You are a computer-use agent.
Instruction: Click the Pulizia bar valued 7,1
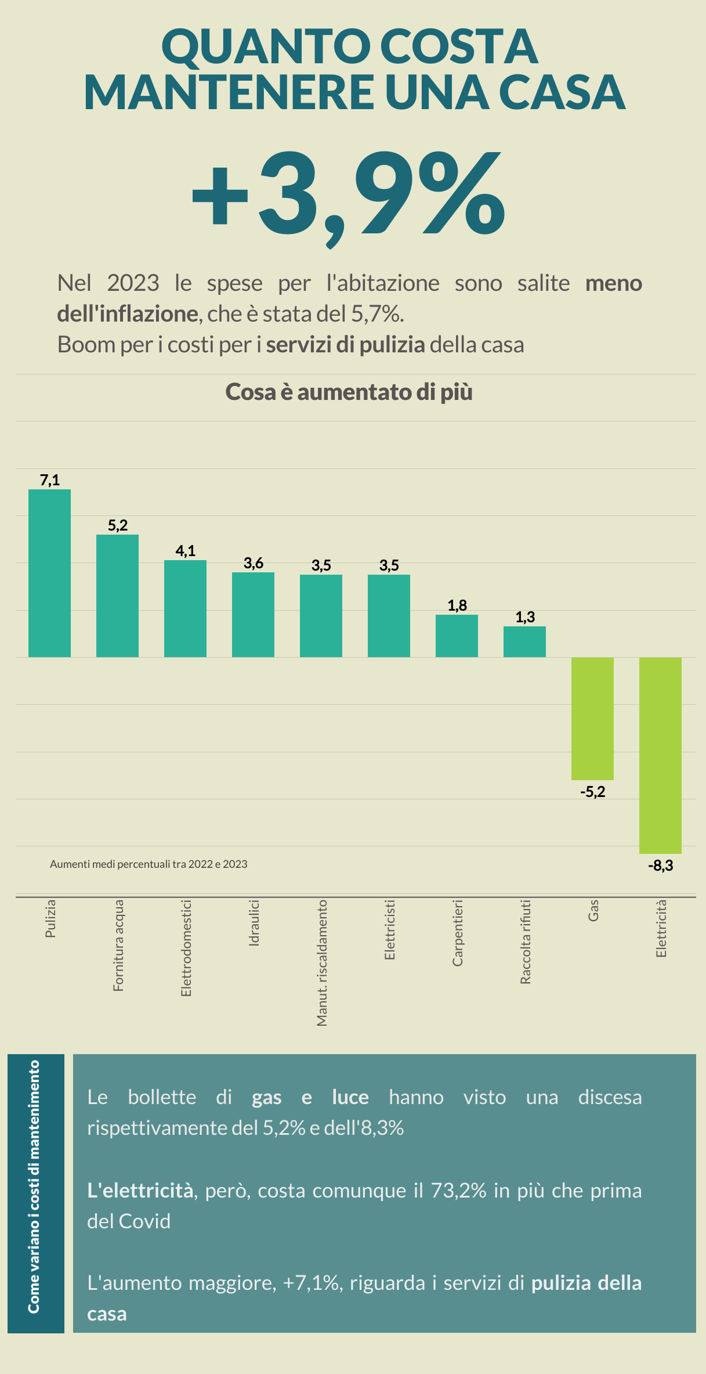(49, 573)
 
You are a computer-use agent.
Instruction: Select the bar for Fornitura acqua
(117, 596)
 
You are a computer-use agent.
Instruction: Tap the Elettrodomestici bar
(185, 608)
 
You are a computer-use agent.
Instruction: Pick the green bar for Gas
(592, 719)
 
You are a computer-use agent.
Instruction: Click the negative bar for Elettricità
(660, 755)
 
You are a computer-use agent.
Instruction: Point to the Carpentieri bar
(457, 636)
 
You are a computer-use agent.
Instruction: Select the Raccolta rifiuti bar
(524, 641)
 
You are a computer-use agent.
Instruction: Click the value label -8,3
(660, 865)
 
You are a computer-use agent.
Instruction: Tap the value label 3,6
(254, 563)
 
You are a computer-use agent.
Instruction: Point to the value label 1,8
(457, 605)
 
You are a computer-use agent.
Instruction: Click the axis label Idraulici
(254, 923)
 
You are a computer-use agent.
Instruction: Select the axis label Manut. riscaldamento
(322, 962)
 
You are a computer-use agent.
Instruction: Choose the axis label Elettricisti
(390, 929)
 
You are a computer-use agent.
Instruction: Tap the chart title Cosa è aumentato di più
(349, 392)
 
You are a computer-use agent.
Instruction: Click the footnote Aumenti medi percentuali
(149, 864)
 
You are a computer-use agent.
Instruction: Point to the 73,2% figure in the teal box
(458, 1191)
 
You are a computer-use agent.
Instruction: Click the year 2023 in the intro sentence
(133, 283)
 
